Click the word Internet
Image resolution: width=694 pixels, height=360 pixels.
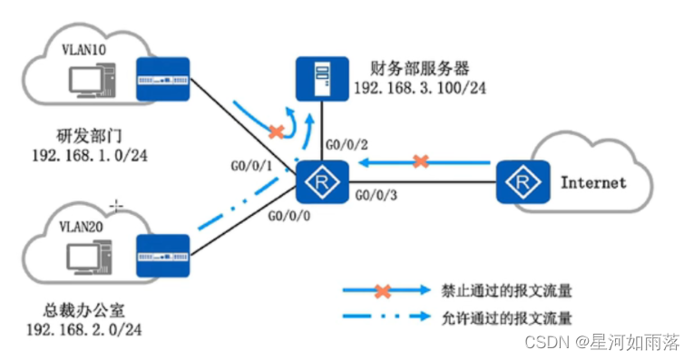pos(593,182)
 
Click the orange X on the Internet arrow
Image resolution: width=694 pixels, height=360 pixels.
pos(420,162)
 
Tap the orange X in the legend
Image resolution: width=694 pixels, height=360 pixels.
pos(383,291)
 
